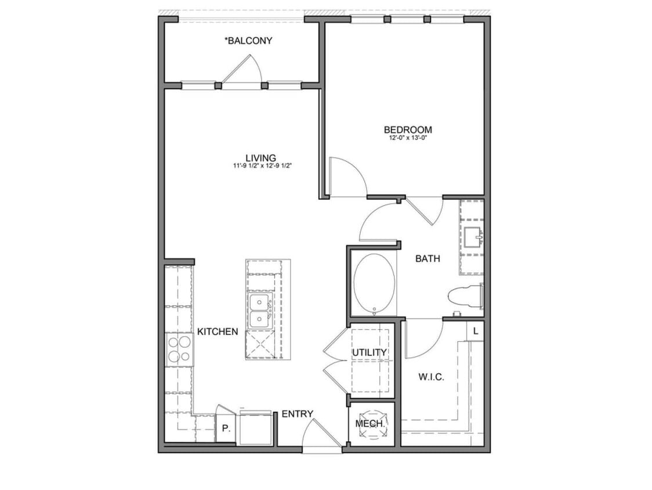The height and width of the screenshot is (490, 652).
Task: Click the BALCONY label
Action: click(248, 41)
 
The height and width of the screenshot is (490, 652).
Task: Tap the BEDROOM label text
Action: click(408, 129)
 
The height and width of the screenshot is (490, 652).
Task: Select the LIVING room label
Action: click(260, 157)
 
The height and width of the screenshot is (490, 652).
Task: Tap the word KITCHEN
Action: click(218, 332)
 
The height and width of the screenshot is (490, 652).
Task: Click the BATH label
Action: click(428, 258)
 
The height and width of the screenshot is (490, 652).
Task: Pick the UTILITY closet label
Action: click(370, 352)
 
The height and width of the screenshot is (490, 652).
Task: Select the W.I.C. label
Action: click(431, 377)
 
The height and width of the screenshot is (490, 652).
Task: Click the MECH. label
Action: click(370, 424)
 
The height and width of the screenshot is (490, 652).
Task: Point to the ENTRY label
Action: click(298, 414)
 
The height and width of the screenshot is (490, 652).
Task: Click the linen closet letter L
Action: click(476, 332)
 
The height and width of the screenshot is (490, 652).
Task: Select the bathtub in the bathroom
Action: click(374, 284)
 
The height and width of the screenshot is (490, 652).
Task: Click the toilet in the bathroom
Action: click(466, 296)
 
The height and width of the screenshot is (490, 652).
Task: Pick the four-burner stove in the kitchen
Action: click(179, 349)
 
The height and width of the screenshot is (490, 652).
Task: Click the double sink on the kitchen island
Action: click(260, 311)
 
